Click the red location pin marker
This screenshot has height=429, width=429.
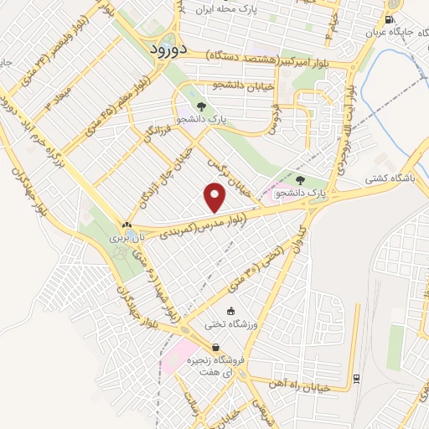pos(215,198)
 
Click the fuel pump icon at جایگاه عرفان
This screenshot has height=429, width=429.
pos(389,19)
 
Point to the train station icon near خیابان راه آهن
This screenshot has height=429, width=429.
pos(357,378)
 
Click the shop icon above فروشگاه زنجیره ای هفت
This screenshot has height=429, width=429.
pos(216,347)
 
